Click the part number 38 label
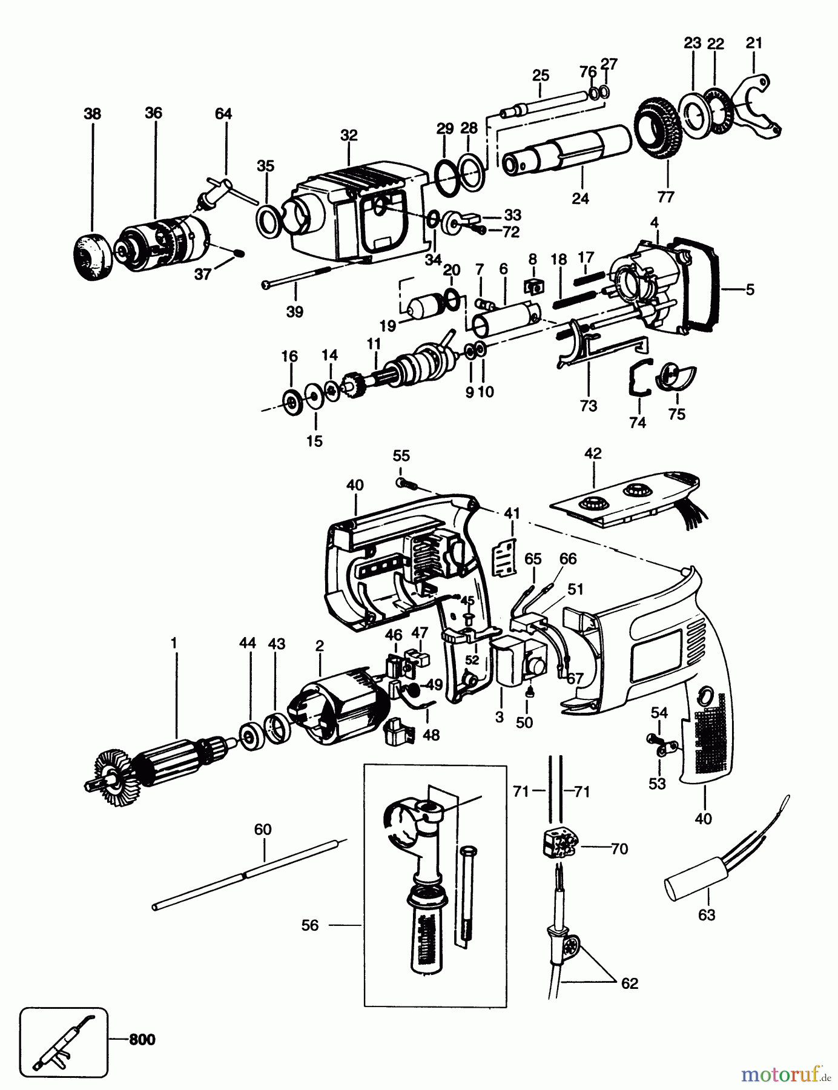point(93,113)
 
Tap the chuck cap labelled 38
point(92,257)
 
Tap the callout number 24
point(580,198)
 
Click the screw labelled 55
point(404,483)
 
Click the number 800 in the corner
point(142,1040)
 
